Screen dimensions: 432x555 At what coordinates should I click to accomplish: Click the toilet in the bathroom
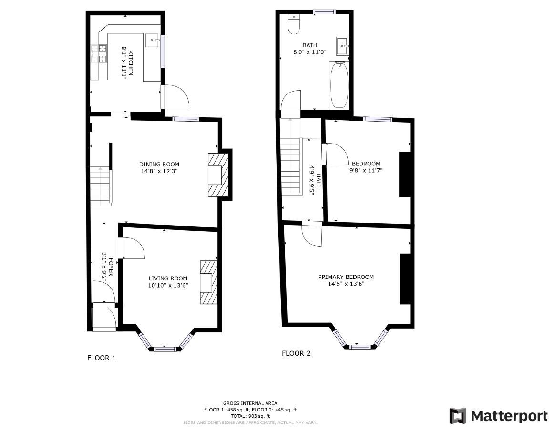[294, 25]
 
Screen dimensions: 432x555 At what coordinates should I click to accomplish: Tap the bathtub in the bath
[339, 85]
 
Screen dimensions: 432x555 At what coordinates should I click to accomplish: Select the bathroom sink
[342, 46]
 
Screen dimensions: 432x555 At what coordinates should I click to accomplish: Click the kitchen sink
[152, 40]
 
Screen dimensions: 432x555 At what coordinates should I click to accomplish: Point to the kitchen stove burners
[95, 54]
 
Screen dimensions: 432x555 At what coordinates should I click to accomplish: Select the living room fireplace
[209, 282]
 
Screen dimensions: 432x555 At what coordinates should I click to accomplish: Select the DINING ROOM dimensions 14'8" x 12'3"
[159, 171]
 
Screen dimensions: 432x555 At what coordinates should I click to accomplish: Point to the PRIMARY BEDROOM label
[346, 277]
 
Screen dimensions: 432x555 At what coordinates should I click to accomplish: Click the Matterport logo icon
[458, 416]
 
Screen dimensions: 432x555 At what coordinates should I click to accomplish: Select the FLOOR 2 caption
[296, 353]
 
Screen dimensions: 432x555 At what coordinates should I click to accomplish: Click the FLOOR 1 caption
[101, 358]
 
